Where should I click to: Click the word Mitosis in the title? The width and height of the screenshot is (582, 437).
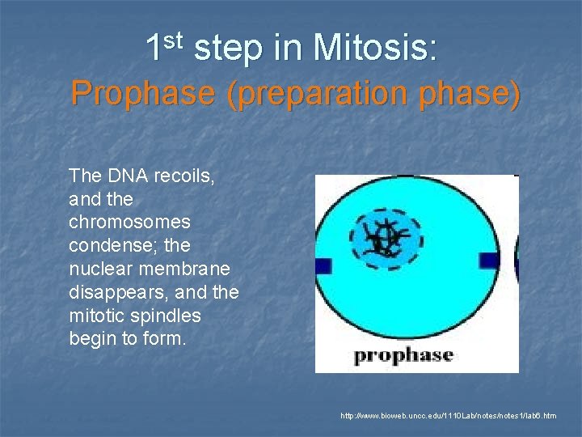tap(375, 49)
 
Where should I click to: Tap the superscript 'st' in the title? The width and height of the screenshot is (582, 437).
tap(178, 40)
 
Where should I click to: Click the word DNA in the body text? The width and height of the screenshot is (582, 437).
tap(124, 176)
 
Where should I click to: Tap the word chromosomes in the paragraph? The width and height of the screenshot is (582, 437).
tap(130, 222)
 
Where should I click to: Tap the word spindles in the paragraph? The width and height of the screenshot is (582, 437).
tap(167, 315)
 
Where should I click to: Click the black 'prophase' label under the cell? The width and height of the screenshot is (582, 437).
tap(404, 354)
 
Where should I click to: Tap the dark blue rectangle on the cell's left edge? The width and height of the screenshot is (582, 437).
tap(323, 265)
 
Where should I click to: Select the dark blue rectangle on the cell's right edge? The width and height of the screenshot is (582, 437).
tap(488, 261)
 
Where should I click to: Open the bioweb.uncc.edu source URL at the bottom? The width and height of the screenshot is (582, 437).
tap(449, 415)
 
